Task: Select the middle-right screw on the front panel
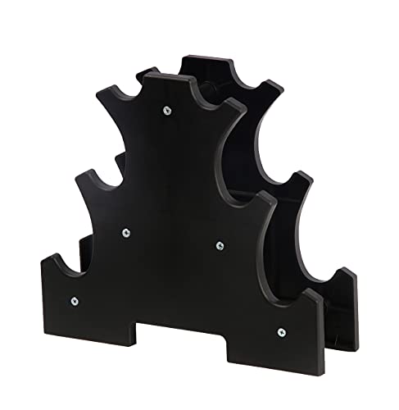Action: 220,244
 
